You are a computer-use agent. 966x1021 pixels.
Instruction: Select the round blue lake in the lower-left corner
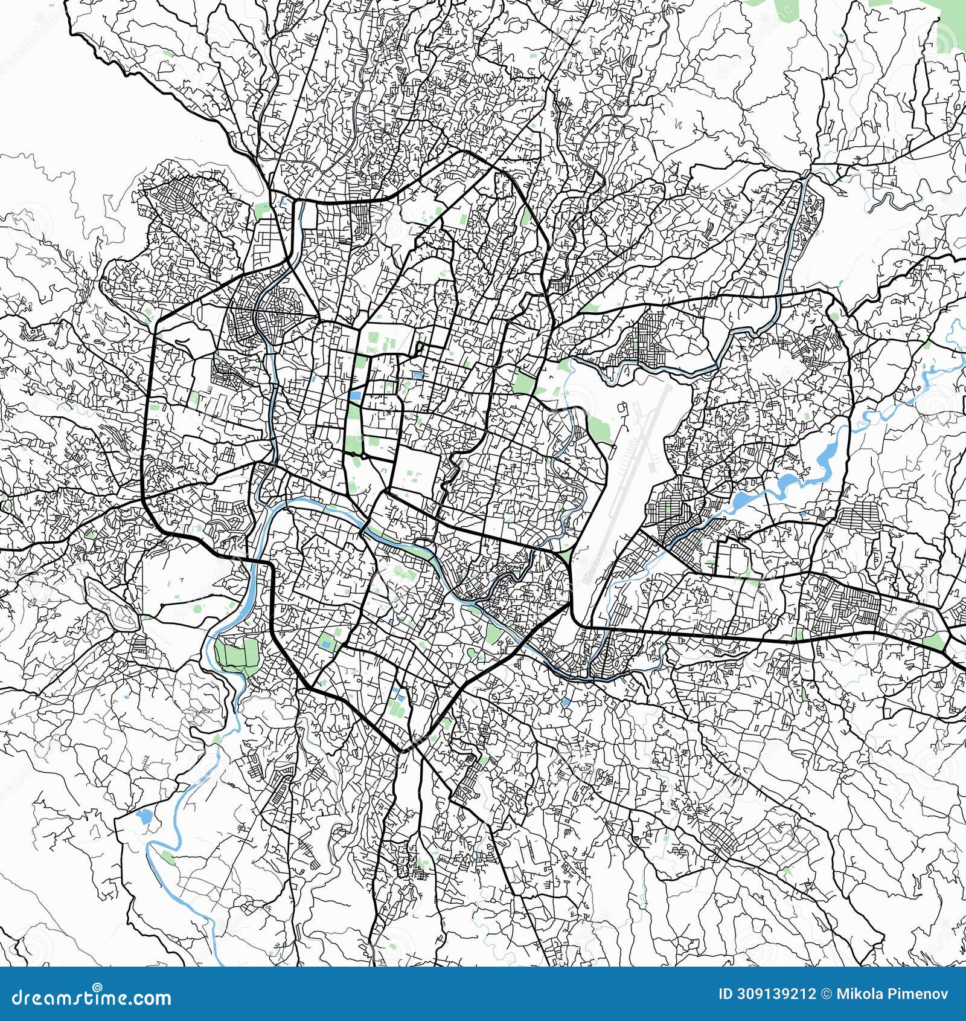click(x=144, y=817)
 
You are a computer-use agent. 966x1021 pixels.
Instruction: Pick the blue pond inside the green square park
click(x=417, y=375)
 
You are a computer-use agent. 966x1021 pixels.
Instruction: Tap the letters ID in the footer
click(x=726, y=995)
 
